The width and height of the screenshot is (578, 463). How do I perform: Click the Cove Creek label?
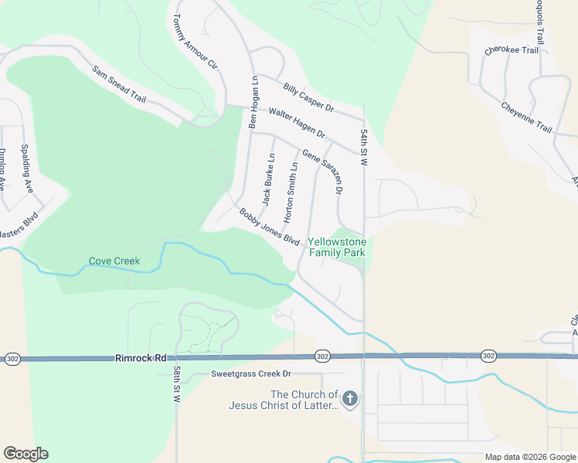tap(114, 261)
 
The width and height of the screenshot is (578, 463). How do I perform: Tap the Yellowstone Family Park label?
tap(338, 246)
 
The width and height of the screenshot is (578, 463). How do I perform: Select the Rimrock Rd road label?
tap(141, 358)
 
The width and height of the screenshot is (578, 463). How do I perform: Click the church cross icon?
tap(350, 399)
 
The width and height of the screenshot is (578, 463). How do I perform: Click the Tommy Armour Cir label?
tap(193, 43)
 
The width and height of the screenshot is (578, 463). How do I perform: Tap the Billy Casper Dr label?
tap(308, 96)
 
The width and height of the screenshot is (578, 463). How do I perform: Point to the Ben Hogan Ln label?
tap(253, 102)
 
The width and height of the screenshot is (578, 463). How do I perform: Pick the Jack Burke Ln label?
tap(268, 180)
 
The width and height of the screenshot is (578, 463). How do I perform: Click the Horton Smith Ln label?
tap(291, 193)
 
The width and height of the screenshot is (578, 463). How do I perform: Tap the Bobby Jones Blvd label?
tap(269, 227)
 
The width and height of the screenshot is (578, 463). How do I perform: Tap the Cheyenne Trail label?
tap(526, 117)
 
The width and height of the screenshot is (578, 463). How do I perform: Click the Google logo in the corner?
tap(25, 454)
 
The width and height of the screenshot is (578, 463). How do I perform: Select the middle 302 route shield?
tap(323, 356)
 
